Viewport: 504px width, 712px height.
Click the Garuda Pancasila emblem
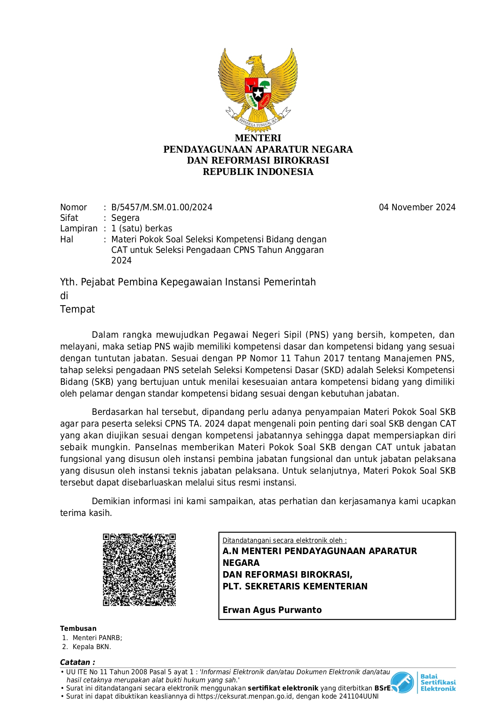[258, 89]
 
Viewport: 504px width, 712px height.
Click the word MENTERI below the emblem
[258, 138]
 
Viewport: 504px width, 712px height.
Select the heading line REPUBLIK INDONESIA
[258, 172]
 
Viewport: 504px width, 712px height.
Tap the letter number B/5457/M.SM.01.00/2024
[162, 207]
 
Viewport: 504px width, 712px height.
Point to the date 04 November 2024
[417, 207]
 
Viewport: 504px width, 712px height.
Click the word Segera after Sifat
[125, 218]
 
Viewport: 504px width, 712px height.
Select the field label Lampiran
[79, 229]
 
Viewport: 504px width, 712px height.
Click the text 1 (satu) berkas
[142, 229]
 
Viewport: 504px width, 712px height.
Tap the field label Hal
[67, 239]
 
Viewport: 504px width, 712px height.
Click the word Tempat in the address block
[77, 309]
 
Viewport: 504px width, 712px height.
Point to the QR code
[139, 570]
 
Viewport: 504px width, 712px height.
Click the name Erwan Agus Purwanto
[272, 610]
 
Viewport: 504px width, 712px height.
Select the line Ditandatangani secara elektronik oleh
[284, 540]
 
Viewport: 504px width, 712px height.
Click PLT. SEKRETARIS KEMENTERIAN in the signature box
[295, 586]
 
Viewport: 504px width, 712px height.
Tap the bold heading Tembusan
[78, 628]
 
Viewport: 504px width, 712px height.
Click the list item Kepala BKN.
[91, 647]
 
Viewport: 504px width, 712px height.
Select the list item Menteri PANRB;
[97, 638]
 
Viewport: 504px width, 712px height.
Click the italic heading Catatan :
[78, 662]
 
